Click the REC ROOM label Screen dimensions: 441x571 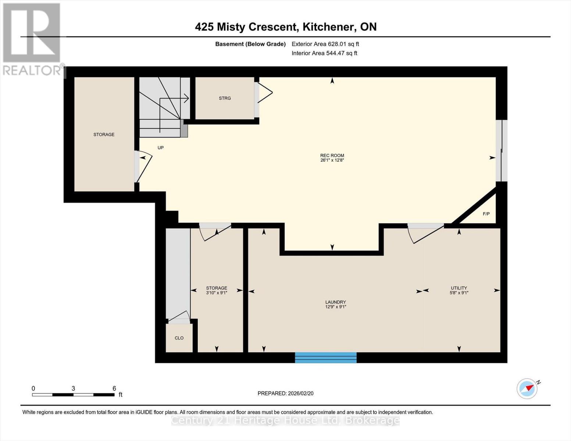pos(332,155)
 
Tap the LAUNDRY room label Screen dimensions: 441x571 pos(335,302)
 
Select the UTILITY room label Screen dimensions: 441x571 pos(459,288)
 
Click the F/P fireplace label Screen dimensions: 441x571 pos(486,214)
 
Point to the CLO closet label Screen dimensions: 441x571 pos(179,338)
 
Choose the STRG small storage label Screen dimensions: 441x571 pos(225,98)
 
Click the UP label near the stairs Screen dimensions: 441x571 pos(161,148)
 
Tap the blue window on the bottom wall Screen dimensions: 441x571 pos(326,358)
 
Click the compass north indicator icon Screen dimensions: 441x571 pos(527,388)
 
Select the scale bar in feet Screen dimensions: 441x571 pos(73,395)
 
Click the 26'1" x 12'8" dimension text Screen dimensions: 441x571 pos(332,160)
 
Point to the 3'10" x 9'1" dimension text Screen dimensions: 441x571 pos(217,293)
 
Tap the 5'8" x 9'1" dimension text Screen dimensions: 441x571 pos(459,293)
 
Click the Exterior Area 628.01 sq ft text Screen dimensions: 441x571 pos(325,44)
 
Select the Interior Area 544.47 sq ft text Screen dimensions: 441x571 pos(324,53)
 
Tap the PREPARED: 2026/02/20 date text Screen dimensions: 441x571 pos(285,393)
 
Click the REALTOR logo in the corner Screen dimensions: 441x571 pos(32,39)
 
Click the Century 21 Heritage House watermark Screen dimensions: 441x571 pos(285,420)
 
